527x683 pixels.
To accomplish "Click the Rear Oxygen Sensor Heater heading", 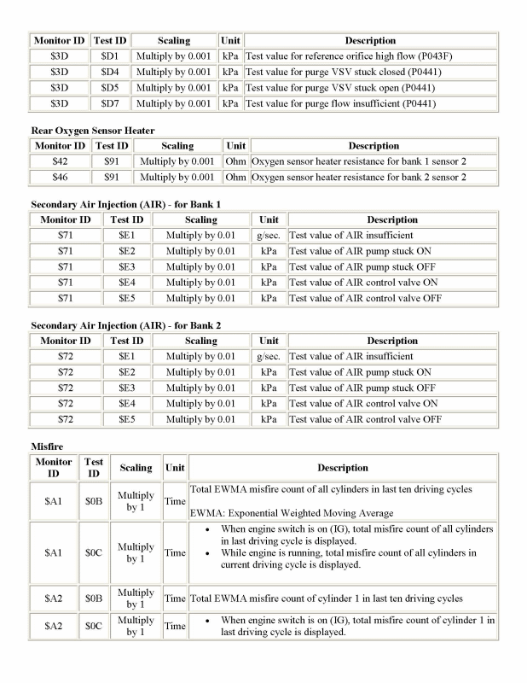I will click(x=92, y=130).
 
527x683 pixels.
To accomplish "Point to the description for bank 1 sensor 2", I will click(x=359, y=161).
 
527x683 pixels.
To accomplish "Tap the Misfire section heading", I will click(x=48, y=447).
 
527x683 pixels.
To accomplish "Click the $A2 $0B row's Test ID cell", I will click(x=94, y=598).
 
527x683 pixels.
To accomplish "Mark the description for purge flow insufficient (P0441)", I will click(x=340, y=104).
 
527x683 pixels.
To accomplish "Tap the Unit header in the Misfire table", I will click(x=175, y=468).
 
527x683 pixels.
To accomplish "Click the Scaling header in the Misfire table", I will click(x=136, y=468).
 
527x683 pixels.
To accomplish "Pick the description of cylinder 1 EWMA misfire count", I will click(x=327, y=598).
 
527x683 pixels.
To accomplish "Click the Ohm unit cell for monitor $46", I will click(x=235, y=178).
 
